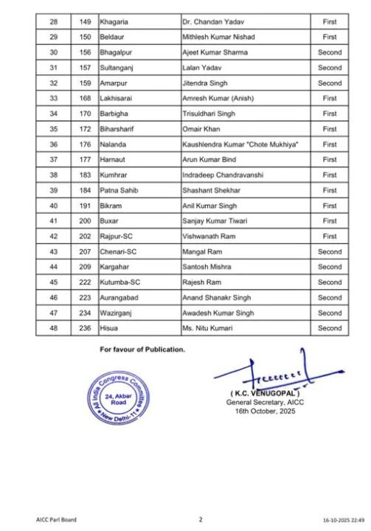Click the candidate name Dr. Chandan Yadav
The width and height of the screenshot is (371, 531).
click(x=214, y=22)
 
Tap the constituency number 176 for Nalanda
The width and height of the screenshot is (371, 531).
click(x=86, y=145)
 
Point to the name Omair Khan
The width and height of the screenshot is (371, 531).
click(x=201, y=129)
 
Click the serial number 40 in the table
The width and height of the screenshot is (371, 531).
click(x=53, y=206)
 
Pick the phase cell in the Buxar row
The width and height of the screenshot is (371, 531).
click(x=330, y=221)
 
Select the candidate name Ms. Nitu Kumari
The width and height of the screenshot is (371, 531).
click(x=207, y=328)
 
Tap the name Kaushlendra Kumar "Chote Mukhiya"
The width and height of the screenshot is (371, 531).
click(x=240, y=145)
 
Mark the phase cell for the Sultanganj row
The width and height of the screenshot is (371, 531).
click(x=330, y=68)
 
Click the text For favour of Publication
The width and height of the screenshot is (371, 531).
click(x=142, y=349)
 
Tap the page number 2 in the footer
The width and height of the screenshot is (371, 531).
click(x=200, y=519)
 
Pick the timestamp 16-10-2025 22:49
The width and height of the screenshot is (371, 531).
click(x=342, y=520)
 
